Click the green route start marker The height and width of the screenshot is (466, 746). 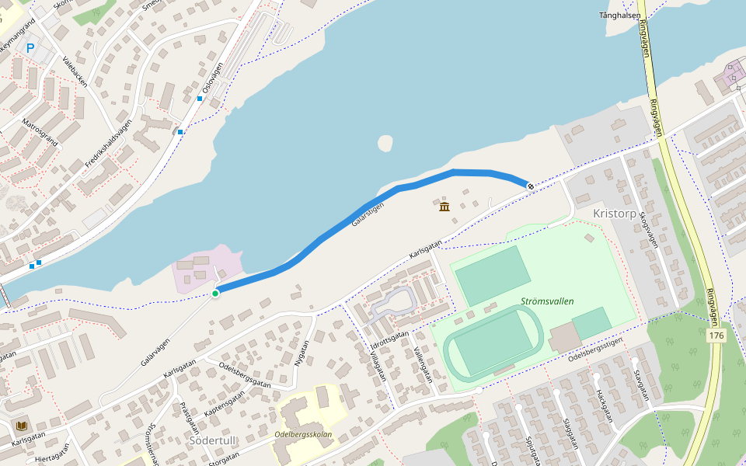(x=215, y=293)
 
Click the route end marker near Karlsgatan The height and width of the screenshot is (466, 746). (x=530, y=186)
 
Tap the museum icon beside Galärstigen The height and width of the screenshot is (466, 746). (x=444, y=207)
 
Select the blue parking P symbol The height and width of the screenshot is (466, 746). (x=30, y=48)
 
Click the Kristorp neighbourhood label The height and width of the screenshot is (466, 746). (x=614, y=213)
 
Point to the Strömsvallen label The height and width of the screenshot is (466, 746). (x=546, y=301)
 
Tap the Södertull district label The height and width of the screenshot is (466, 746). (x=212, y=440)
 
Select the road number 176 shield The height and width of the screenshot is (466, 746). (x=716, y=336)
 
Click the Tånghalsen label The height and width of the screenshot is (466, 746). (x=620, y=16)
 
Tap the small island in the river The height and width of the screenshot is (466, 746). (x=385, y=143)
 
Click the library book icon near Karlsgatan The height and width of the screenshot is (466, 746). (x=21, y=426)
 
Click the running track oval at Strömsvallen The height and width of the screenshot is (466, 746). (x=493, y=342)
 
